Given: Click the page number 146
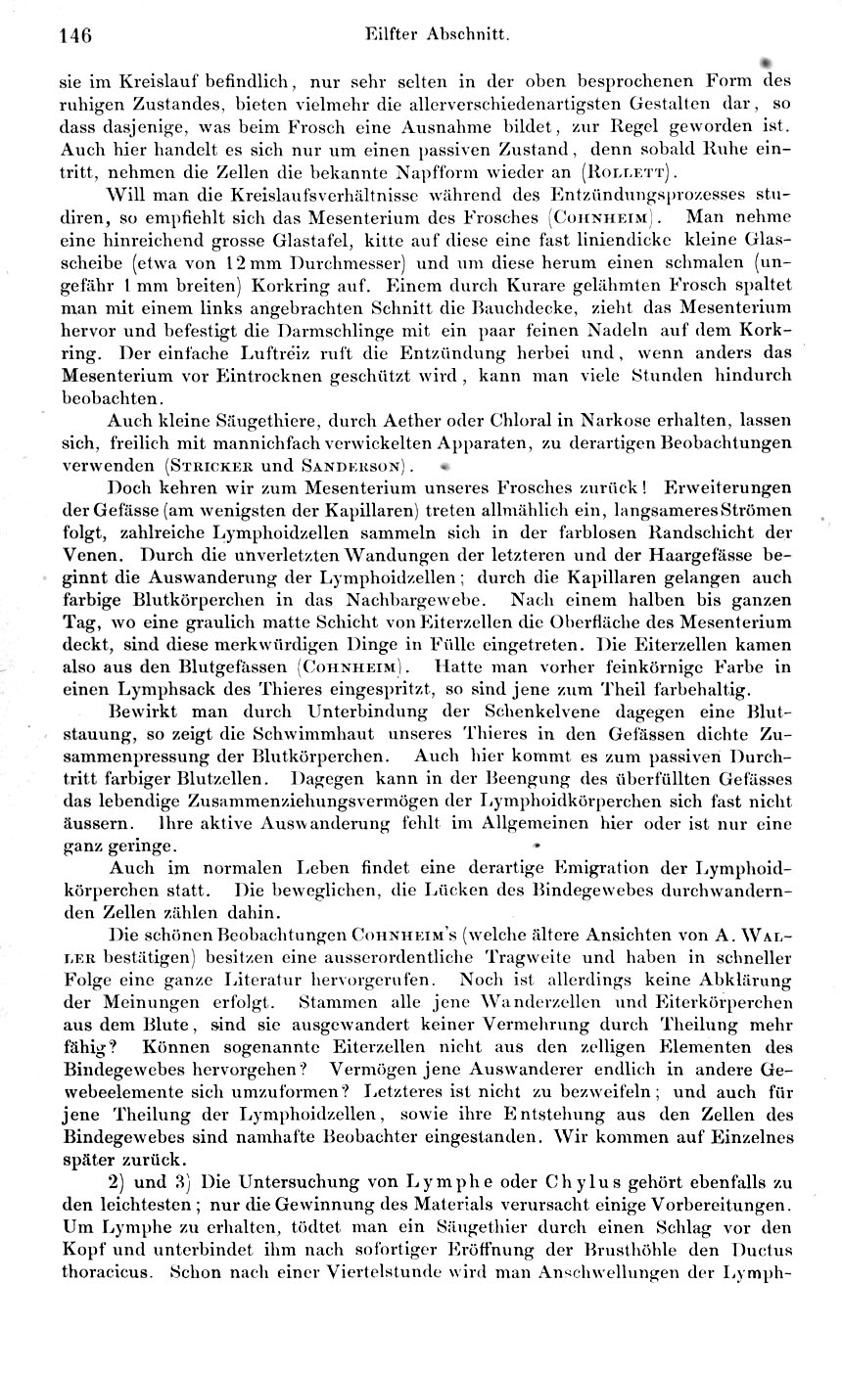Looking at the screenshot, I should pyautogui.click(x=75, y=36).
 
